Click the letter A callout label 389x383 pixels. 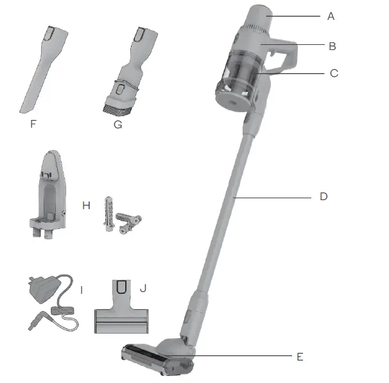(331, 16)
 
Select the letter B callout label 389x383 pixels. (331, 46)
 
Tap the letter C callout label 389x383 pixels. (333, 73)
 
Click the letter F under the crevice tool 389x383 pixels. (33, 124)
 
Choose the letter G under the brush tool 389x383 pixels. (117, 124)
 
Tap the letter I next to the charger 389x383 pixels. (82, 289)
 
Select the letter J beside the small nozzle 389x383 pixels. (143, 288)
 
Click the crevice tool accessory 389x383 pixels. (39, 71)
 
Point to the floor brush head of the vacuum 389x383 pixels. (157, 358)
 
